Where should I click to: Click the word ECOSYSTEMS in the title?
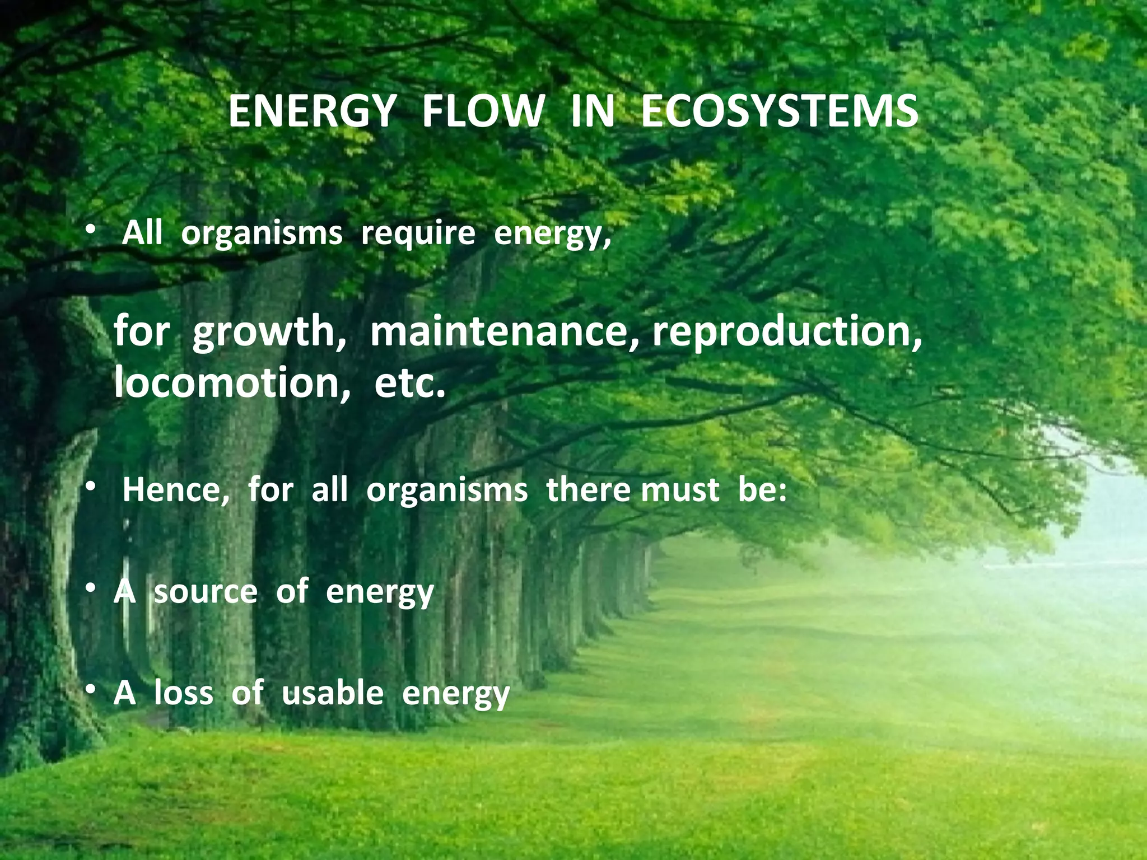tap(779, 112)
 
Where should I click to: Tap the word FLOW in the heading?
tap(483, 112)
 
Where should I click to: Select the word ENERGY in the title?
tap(311, 112)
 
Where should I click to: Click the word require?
tap(418, 234)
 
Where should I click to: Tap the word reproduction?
tap(787, 331)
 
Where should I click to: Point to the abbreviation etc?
tap(410, 384)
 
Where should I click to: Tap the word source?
tap(206, 592)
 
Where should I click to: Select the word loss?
tap(184, 693)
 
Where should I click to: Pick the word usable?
tap(333, 693)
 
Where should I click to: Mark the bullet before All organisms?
tap(90, 232)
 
